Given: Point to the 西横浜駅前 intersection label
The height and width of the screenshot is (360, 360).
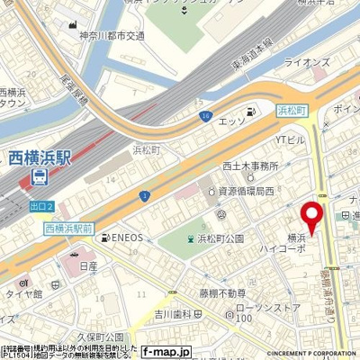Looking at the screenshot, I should (68, 229).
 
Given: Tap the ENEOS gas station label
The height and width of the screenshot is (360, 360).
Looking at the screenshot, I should (125, 238).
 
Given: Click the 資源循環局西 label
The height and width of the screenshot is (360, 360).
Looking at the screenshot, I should (243, 190).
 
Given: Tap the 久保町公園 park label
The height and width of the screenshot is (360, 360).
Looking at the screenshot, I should (100, 337).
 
